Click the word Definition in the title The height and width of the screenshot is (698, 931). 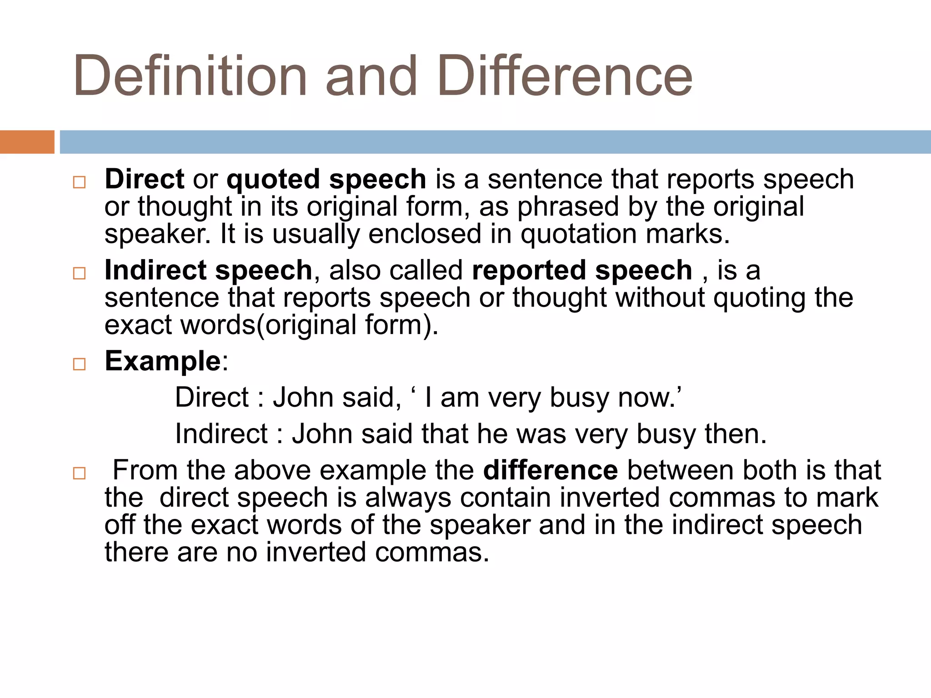(x=190, y=75)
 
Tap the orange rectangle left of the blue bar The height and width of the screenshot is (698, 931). (x=27, y=142)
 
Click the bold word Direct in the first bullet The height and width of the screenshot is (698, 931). (x=144, y=179)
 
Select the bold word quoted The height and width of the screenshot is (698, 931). (x=273, y=179)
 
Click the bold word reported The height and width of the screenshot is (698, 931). (x=529, y=271)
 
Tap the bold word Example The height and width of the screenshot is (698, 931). (x=163, y=361)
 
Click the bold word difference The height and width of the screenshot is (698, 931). (x=551, y=470)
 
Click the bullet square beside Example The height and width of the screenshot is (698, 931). (x=79, y=364)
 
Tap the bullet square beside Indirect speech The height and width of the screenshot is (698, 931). (x=79, y=273)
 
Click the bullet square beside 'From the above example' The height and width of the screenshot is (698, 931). (x=79, y=473)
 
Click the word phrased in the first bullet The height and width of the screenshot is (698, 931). (x=568, y=207)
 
